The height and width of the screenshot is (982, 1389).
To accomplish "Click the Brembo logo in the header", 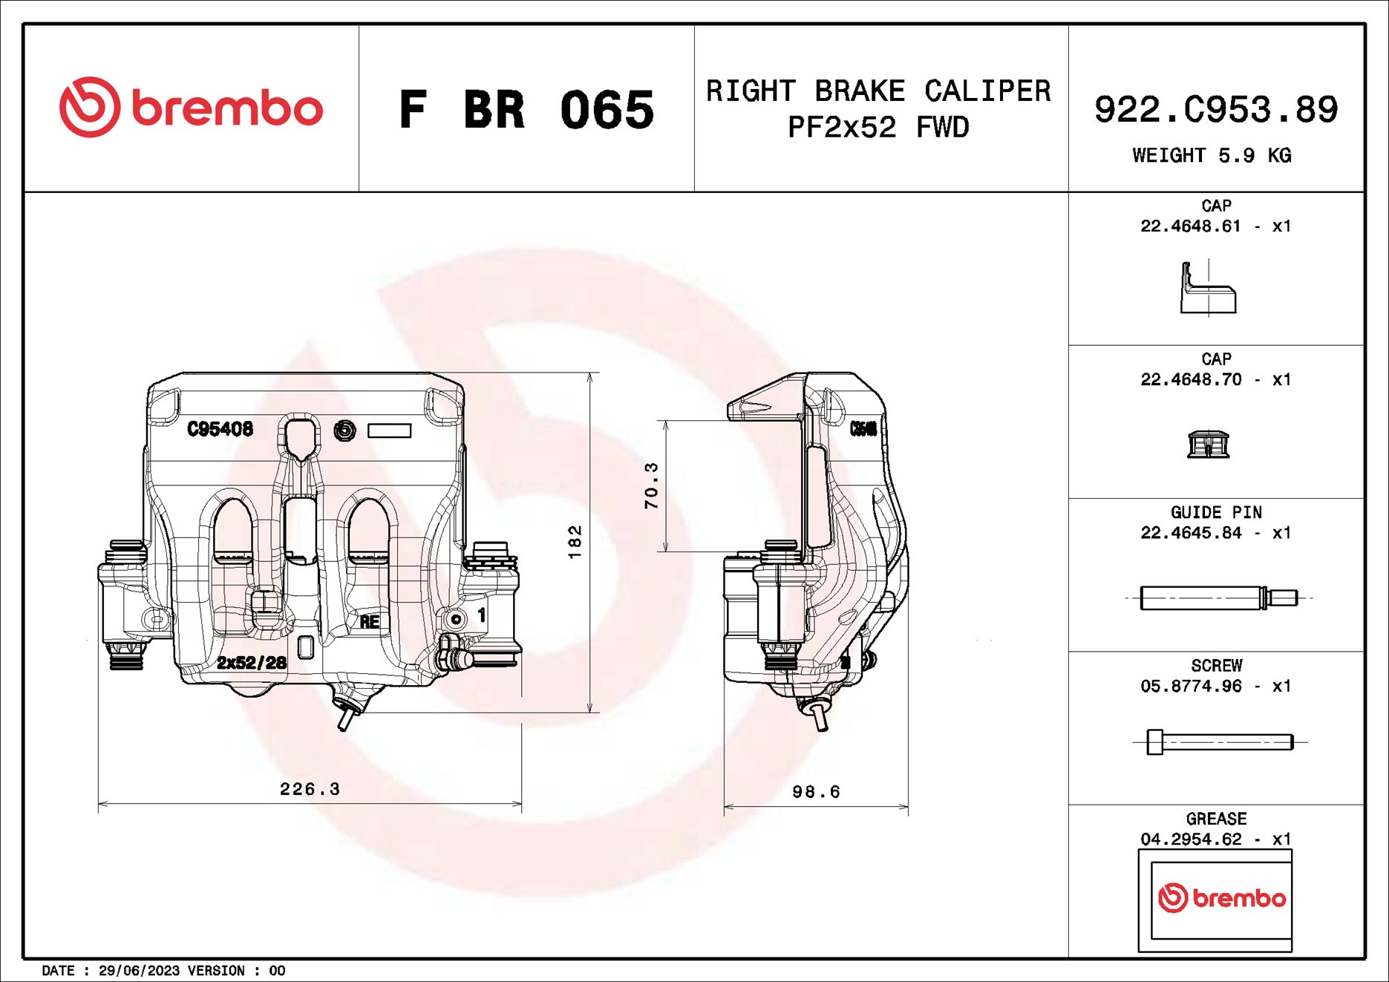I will (x=191, y=108).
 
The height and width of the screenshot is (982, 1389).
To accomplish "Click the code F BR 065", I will (x=526, y=110).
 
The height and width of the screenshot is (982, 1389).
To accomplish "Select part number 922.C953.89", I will (x=1215, y=109).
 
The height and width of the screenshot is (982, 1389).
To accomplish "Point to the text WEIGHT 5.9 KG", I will (x=1212, y=155).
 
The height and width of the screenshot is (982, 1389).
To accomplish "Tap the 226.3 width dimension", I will (x=310, y=789).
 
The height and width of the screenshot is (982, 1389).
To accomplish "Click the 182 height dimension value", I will (x=575, y=542).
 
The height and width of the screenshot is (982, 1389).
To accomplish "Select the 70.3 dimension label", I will (x=651, y=485).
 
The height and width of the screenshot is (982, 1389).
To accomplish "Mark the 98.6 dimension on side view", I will (x=816, y=792).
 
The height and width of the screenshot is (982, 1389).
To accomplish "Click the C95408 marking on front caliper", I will (x=220, y=428).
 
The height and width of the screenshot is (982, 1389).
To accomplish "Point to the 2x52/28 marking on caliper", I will (x=251, y=662).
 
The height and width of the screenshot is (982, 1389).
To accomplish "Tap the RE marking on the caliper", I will (x=370, y=622).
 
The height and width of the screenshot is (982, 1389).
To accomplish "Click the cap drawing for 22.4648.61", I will (x=1208, y=289).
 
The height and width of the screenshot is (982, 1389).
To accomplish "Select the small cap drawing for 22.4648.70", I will (x=1208, y=444).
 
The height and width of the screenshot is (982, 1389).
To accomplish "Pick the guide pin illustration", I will (x=1218, y=598).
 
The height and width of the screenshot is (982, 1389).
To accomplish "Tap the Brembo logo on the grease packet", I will (x=1221, y=898).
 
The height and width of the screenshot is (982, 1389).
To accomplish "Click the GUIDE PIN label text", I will (x=1215, y=512).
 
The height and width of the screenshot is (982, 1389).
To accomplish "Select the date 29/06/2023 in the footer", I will (x=139, y=971).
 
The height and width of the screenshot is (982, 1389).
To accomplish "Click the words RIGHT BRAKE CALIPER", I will (x=878, y=91).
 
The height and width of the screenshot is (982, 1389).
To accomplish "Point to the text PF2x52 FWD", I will (x=878, y=128).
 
